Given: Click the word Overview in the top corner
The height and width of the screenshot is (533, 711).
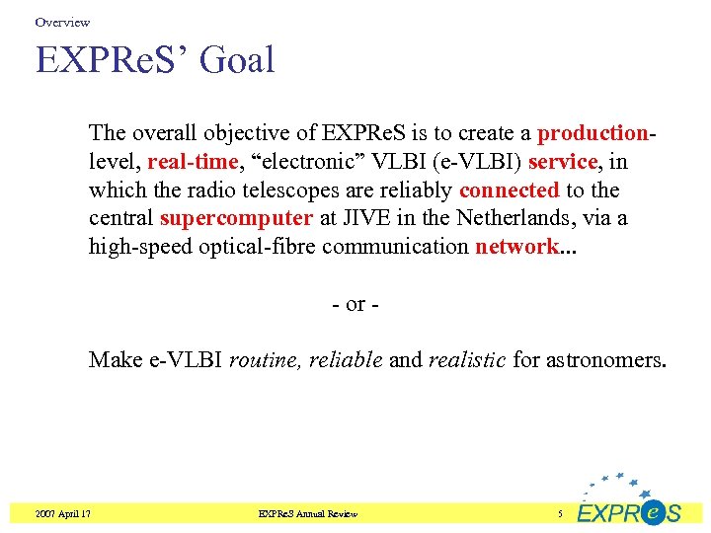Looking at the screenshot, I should [x=62, y=22].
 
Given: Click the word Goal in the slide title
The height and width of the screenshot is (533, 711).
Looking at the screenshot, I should [x=236, y=60].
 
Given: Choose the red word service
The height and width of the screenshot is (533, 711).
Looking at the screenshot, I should [x=563, y=161].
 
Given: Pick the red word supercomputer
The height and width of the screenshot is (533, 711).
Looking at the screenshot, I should [x=236, y=218].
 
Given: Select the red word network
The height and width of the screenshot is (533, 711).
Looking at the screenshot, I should [x=516, y=247].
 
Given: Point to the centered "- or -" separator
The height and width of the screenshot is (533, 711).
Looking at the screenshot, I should [x=355, y=303].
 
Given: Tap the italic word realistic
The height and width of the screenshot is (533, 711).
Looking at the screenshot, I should [x=467, y=359].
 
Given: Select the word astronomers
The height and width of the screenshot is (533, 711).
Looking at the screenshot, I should [x=605, y=359].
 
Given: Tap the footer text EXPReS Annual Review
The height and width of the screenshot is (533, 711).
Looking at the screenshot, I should [x=307, y=513].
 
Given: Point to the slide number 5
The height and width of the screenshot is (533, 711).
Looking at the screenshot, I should [x=559, y=513].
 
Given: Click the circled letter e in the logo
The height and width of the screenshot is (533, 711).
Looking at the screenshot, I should [x=652, y=511].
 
